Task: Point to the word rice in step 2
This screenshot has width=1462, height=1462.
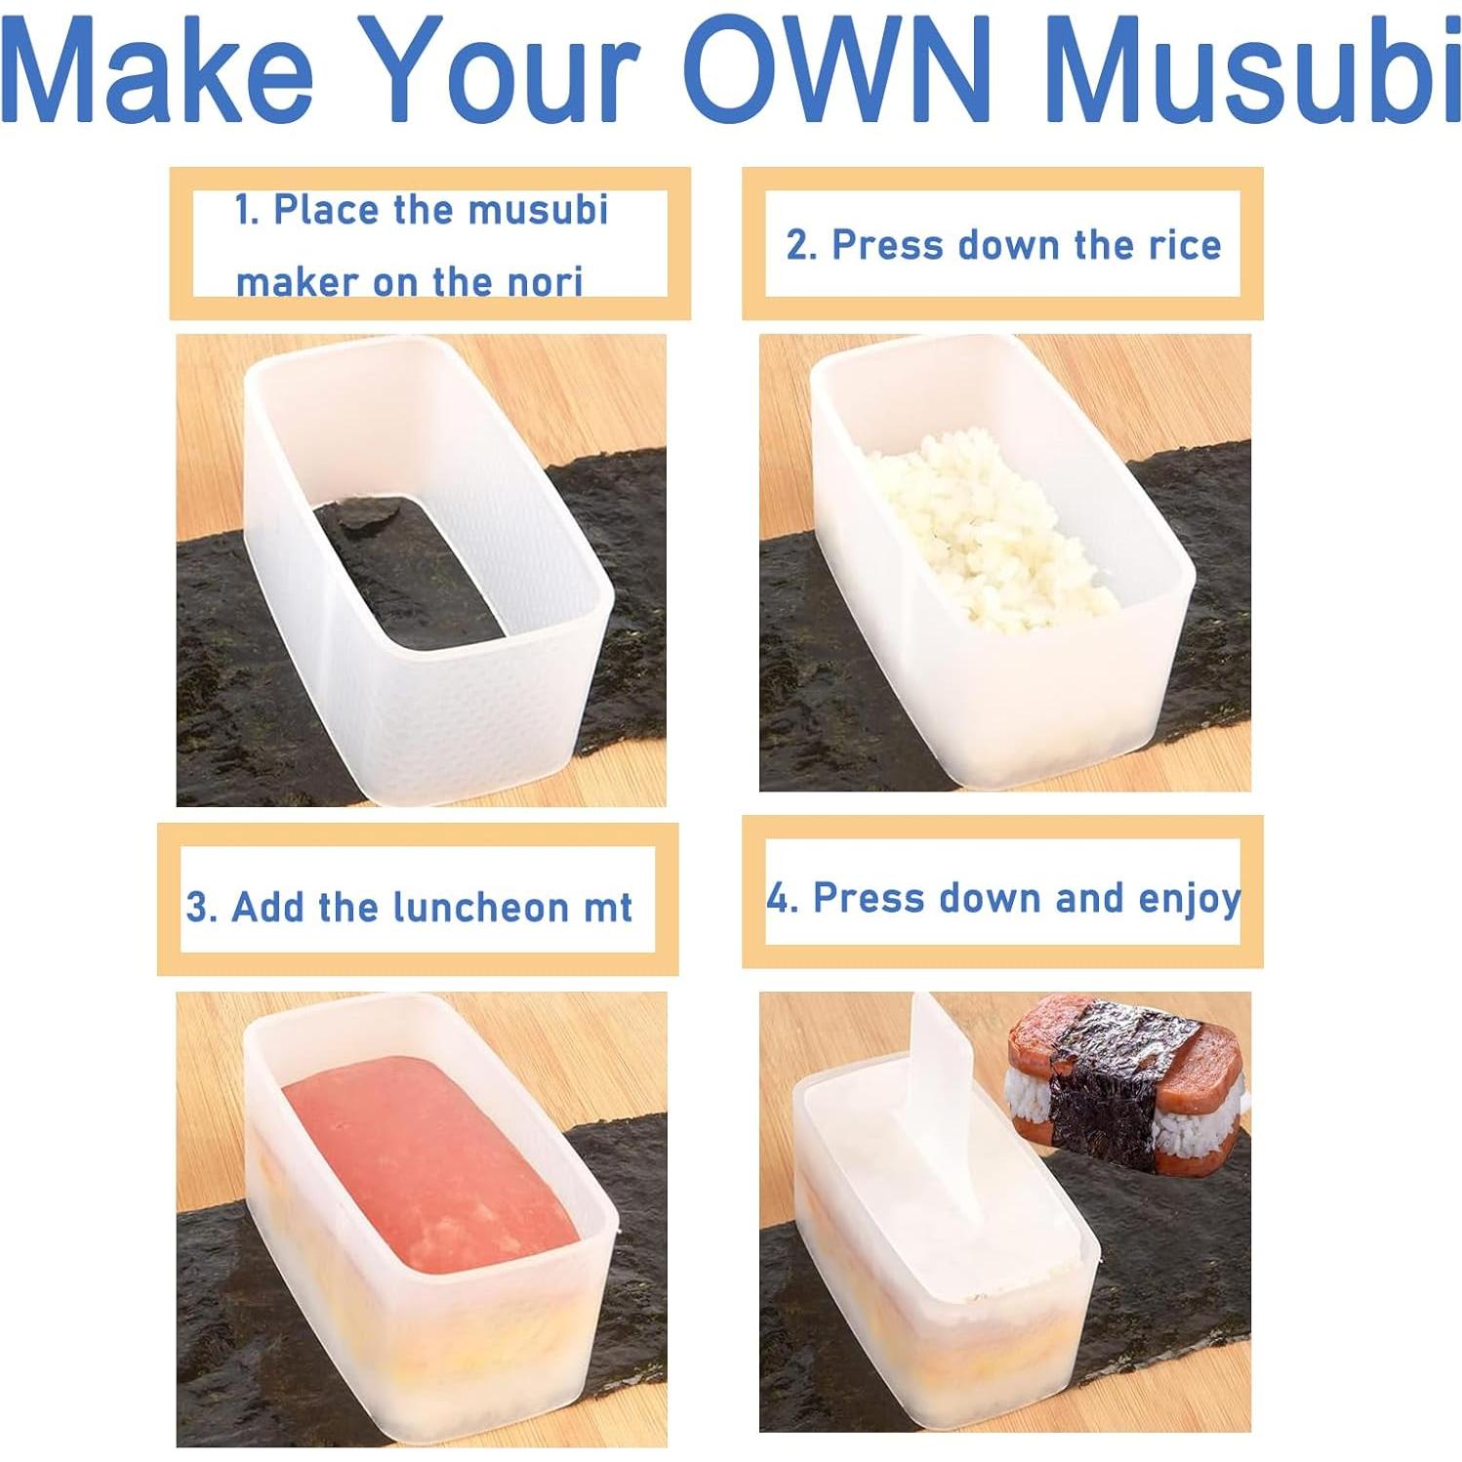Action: [x=1184, y=245]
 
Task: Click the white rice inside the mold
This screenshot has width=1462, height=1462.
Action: [x=986, y=532]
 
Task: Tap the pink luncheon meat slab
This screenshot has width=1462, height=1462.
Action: [x=420, y=1161]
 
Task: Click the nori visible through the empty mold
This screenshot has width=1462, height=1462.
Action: [x=410, y=566]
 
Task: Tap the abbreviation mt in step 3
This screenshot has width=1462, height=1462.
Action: [x=608, y=908]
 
